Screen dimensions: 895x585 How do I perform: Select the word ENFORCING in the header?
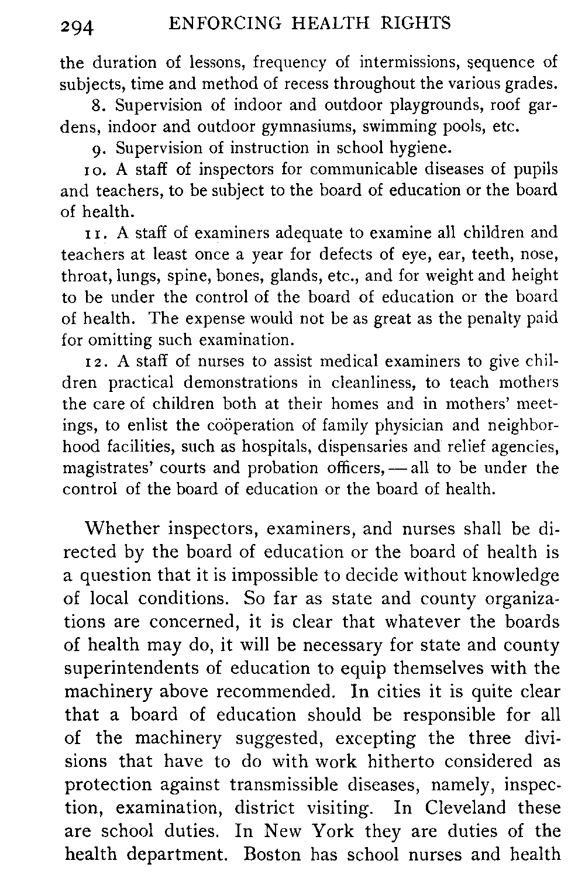[x=223, y=23]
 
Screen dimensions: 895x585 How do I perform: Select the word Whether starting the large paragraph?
[x=122, y=529]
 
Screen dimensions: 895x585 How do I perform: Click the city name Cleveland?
[x=466, y=808]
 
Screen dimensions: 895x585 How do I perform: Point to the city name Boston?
[x=273, y=855]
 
